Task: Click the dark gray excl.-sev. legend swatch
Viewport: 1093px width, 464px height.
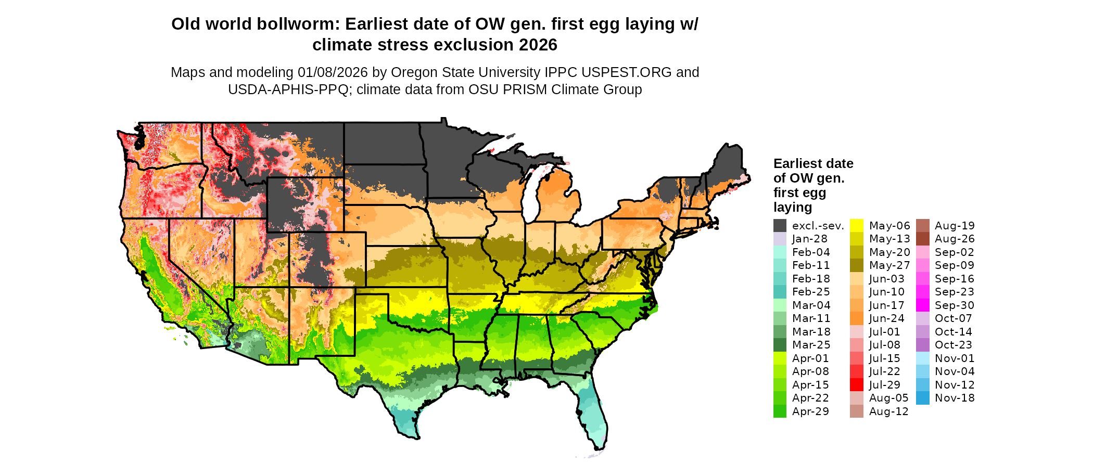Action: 780,226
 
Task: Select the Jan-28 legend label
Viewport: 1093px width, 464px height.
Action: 809,239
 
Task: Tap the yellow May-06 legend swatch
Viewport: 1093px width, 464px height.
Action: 857,226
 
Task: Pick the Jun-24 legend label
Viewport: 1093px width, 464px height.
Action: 887,318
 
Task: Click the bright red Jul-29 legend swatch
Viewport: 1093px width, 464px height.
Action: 857,385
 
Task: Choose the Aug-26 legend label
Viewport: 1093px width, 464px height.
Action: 955,239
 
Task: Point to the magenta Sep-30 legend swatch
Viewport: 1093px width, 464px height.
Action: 922,305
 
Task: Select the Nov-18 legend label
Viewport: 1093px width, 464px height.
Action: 955,398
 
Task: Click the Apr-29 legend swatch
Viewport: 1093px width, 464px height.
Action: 780,411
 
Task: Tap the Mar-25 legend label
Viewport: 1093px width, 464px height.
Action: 811,345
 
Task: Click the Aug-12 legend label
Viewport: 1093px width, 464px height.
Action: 888,411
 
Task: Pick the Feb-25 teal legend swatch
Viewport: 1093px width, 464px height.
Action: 780,292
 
